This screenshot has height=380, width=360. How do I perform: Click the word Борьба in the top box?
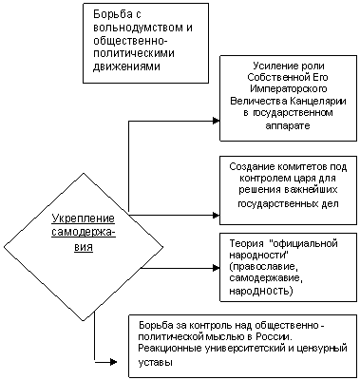[113, 14]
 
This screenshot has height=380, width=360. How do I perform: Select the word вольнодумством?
[137, 28]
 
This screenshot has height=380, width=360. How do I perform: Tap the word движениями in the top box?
[126, 66]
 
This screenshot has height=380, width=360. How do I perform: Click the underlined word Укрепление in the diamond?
[84, 218]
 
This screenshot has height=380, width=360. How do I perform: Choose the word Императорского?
[288, 89]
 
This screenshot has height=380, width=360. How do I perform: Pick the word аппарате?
[288, 125]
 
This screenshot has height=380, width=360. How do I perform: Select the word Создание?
[251, 167]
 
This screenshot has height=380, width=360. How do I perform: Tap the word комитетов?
[301, 167]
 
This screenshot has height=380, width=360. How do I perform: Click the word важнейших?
[311, 190]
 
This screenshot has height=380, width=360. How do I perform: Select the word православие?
[264, 267]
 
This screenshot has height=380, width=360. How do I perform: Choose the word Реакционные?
[170, 348]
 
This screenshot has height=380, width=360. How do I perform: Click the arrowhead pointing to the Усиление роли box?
[217, 121]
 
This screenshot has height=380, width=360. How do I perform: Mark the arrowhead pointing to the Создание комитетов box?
[217, 216]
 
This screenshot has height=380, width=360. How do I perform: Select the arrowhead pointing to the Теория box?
[217, 268]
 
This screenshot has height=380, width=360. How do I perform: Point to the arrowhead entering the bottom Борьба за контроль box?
[113, 361]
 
